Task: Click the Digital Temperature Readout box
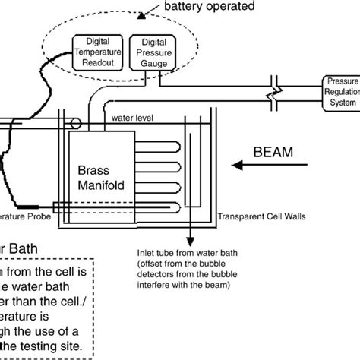click(100, 52)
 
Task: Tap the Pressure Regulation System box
click(342, 91)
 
